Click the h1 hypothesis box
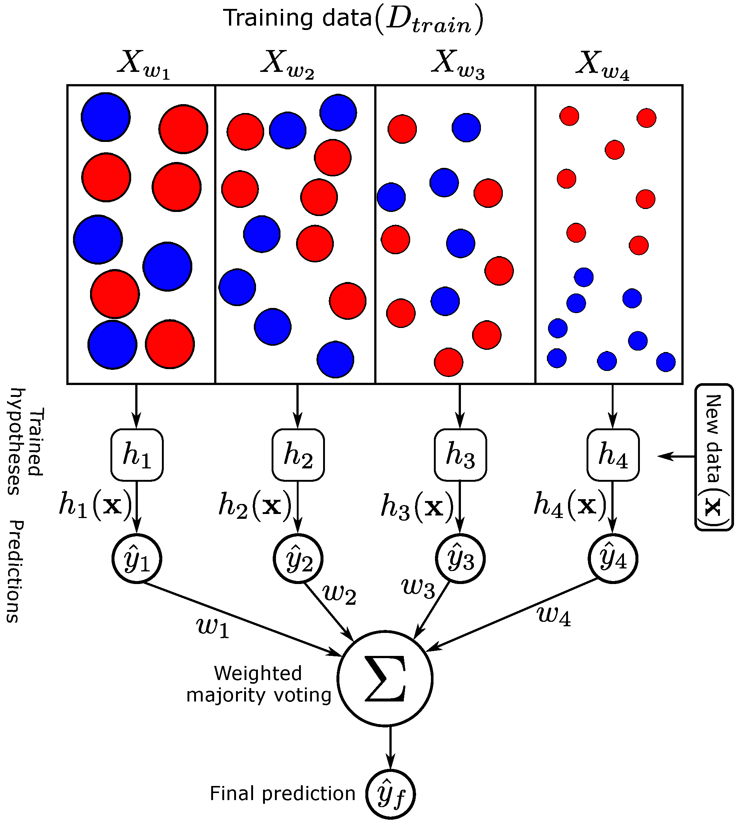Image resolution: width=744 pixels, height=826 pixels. click(137, 455)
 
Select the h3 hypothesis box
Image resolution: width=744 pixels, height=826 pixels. click(460, 455)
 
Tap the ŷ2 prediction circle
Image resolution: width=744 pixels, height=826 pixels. click(298, 558)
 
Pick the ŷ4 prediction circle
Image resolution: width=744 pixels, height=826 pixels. click(613, 558)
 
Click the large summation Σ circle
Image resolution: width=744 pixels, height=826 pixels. click(385, 679)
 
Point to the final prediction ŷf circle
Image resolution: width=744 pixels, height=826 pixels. click(390, 794)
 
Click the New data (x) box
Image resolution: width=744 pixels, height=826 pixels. click(714, 457)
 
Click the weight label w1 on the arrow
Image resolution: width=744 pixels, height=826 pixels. click(213, 627)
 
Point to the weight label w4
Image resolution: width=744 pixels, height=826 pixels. click(554, 616)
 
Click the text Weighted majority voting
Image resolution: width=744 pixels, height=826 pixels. click(258, 684)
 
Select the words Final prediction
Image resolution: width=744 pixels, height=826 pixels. click(282, 794)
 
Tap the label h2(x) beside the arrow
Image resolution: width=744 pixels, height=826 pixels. click(255, 505)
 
